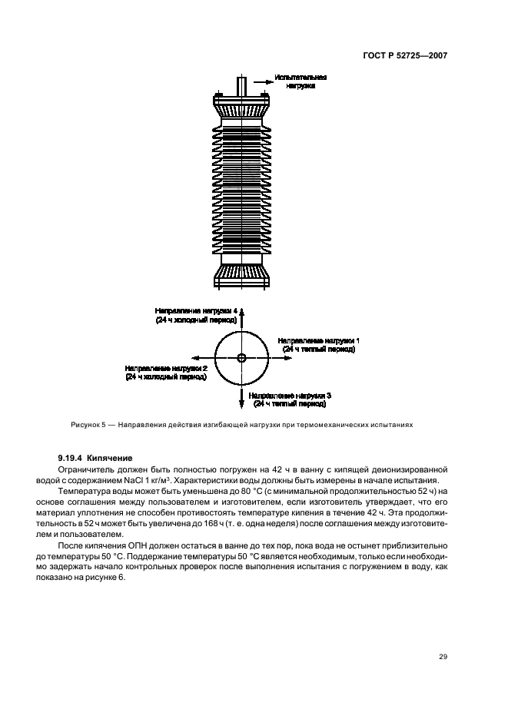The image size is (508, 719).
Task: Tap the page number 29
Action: coord(443,656)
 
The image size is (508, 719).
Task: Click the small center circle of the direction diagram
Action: coord(241,358)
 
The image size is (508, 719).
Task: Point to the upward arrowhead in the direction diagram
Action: coord(241,312)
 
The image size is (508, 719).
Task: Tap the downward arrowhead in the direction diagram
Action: coord(241,404)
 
